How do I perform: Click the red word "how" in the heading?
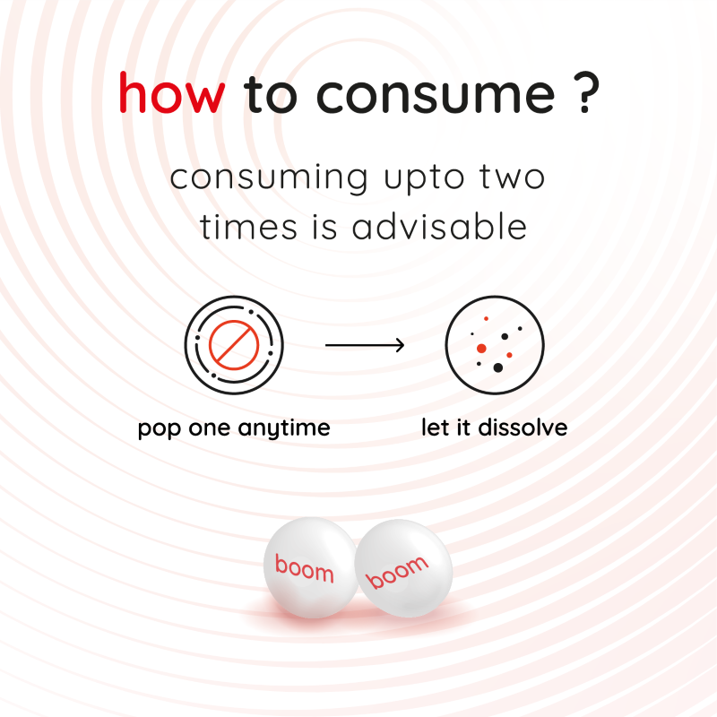(172, 92)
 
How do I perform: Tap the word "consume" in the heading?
(436, 95)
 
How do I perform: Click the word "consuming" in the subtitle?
(269, 178)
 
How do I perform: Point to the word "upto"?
(424, 180)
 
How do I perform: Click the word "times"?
(248, 227)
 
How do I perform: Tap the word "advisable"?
(439, 226)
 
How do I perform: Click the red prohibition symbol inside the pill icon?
(234, 345)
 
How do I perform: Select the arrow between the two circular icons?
(365, 345)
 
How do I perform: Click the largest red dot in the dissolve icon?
(481, 349)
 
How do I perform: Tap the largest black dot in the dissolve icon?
(498, 367)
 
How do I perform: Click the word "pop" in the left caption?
(160, 430)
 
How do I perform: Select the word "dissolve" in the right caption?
(523, 428)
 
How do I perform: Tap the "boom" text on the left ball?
(304, 568)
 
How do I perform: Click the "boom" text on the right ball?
(397, 572)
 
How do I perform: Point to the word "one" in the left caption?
(209, 429)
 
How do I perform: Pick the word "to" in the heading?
(271, 95)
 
